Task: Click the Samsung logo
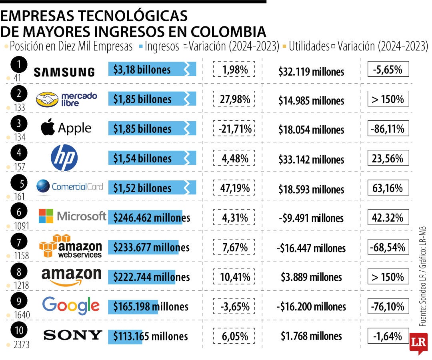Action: [64, 72]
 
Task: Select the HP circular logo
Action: [64, 158]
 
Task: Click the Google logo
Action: [71, 306]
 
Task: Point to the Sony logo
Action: [73, 335]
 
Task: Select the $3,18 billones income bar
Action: [152, 70]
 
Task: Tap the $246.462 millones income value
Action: [151, 218]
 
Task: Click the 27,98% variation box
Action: [234, 99]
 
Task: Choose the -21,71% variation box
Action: [234, 129]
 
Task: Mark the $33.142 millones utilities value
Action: [311, 159]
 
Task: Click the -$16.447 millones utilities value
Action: [311, 248]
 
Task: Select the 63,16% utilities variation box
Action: [388, 188]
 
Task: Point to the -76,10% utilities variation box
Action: [388, 306]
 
